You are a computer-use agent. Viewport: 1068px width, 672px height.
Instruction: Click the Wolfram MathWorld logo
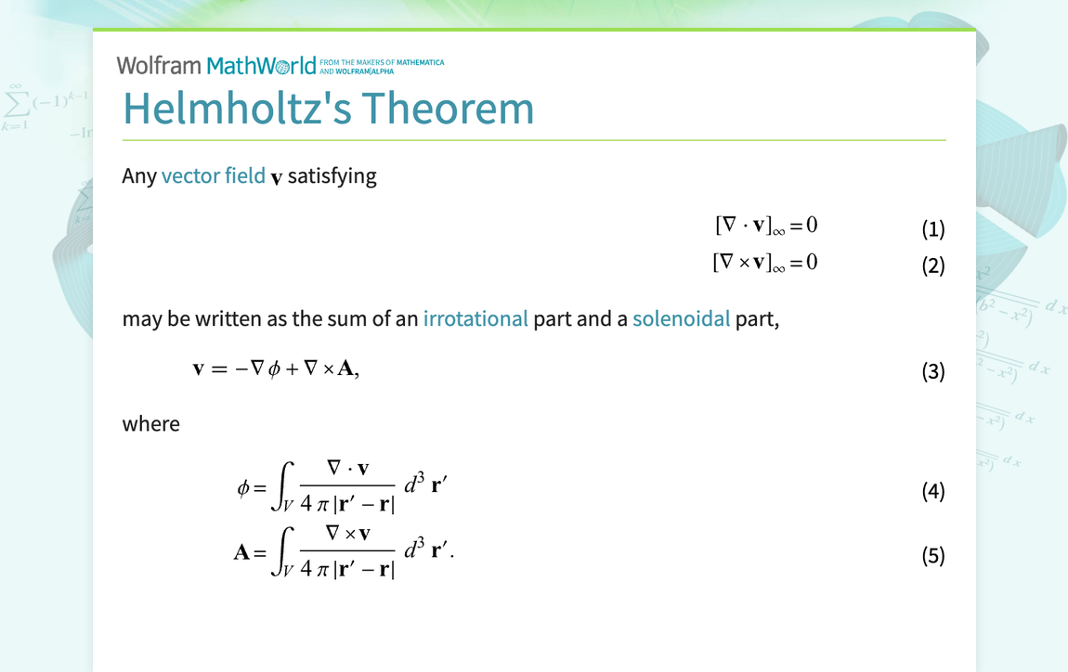(x=216, y=66)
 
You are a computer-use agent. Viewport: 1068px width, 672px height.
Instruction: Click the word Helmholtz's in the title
(x=237, y=109)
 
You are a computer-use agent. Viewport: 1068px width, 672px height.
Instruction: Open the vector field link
(x=213, y=175)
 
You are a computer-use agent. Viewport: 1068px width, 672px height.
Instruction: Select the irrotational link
(x=475, y=318)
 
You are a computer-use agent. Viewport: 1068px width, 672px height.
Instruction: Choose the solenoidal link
(x=681, y=318)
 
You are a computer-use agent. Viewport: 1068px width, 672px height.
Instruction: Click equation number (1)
(x=932, y=228)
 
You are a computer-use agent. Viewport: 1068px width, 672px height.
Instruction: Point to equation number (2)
(x=932, y=265)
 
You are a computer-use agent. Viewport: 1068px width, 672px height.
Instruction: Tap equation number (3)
(x=932, y=371)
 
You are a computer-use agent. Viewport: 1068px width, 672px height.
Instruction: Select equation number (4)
(x=932, y=491)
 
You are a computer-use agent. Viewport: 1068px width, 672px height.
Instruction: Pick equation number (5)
(x=932, y=555)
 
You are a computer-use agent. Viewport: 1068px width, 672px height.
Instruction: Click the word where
(x=150, y=424)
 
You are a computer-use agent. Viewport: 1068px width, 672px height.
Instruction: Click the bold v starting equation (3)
(x=198, y=369)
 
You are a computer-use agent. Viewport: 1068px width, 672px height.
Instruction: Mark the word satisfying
(x=332, y=175)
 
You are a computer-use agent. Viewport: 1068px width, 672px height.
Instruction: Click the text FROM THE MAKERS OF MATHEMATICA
(x=381, y=63)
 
